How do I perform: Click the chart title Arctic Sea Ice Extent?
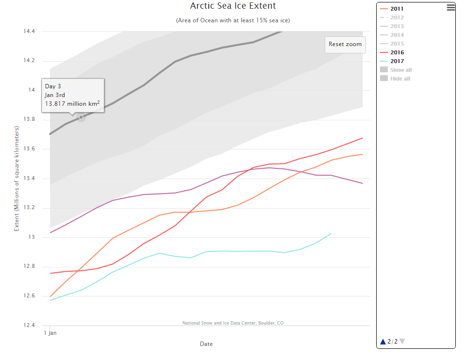click(x=233, y=6)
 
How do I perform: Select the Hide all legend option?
click(x=400, y=79)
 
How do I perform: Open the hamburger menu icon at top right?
click(x=450, y=7)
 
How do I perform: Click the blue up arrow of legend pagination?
click(x=383, y=342)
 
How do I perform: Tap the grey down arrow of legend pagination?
click(x=402, y=342)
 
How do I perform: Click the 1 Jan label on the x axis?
click(x=50, y=333)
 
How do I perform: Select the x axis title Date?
click(x=206, y=344)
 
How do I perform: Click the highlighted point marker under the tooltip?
click(x=81, y=117)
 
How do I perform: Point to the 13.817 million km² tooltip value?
click(x=73, y=103)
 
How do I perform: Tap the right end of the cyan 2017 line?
click(x=331, y=233)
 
